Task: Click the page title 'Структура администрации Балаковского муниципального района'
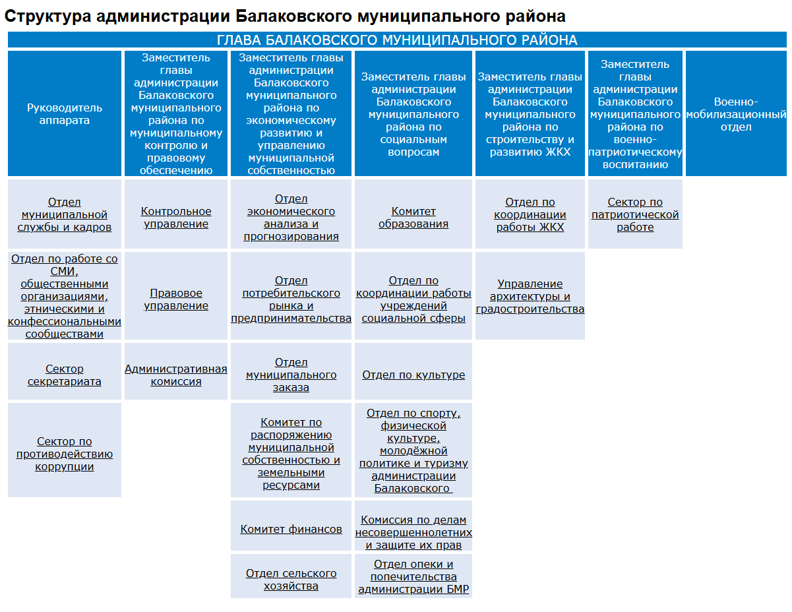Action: pyautogui.click(x=285, y=16)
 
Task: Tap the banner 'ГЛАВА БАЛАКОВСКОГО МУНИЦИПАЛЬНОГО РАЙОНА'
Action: pyautogui.click(x=397, y=40)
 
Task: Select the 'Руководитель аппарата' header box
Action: pyautogui.click(x=65, y=114)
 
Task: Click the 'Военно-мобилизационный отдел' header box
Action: pyautogui.click(x=736, y=114)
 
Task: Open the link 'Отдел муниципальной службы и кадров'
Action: pyautogui.click(x=65, y=215)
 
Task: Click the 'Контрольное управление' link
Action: pyautogui.click(x=176, y=218)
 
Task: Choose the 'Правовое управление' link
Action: pyautogui.click(x=176, y=299)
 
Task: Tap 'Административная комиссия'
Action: pyautogui.click(x=176, y=375)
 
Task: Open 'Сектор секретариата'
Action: pyautogui.click(x=65, y=375)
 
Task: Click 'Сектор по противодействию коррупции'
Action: pyautogui.click(x=65, y=454)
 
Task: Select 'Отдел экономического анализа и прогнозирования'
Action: pyautogui.click(x=291, y=218)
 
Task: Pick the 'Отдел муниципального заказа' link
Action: pyautogui.click(x=291, y=375)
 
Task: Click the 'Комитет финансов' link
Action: pyautogui.click(x=291, y=529)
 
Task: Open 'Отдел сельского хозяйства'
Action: pyautogui.click(x=291, y=580)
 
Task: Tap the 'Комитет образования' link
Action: pyautogui.click(x=413, y=218)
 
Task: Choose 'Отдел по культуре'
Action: pyautogui.click(x=413, y=375)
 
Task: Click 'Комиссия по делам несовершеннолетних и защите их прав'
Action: pyautogui.click(x=413, y=533)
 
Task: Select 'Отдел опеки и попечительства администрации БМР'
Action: pyautogui.click(x=413, y=577)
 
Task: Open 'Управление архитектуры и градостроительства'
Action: pyautogui.click(x=530, y=297)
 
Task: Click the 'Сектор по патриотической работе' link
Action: pyautogui.click(x=635, y=215)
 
